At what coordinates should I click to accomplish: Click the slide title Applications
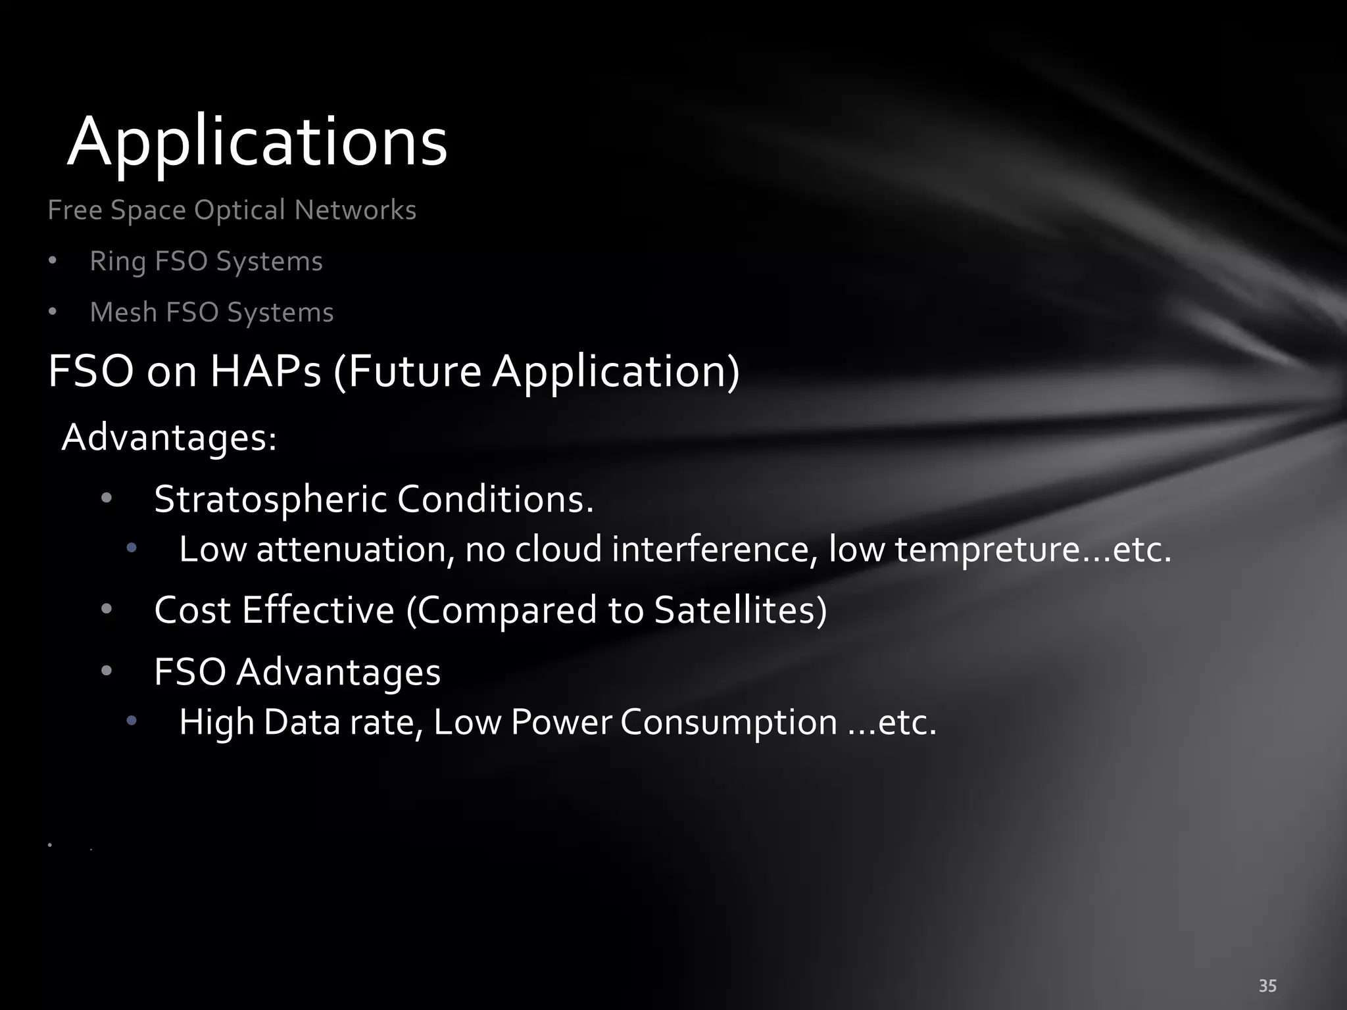pos(257,142)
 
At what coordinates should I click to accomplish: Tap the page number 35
pos(1267,986)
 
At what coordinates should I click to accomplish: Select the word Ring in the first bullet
pos(118,262)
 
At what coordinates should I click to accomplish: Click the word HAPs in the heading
pos(265,372)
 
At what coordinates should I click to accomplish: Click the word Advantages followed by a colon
pos(168,437)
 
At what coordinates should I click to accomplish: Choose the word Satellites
pos(740,610)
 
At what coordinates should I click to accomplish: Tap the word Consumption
pos(729,722)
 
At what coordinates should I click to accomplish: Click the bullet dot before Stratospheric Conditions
pos(107,498)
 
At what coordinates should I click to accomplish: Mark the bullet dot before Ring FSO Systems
pos(53,261)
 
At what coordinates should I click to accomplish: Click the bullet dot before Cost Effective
pos(107,609)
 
